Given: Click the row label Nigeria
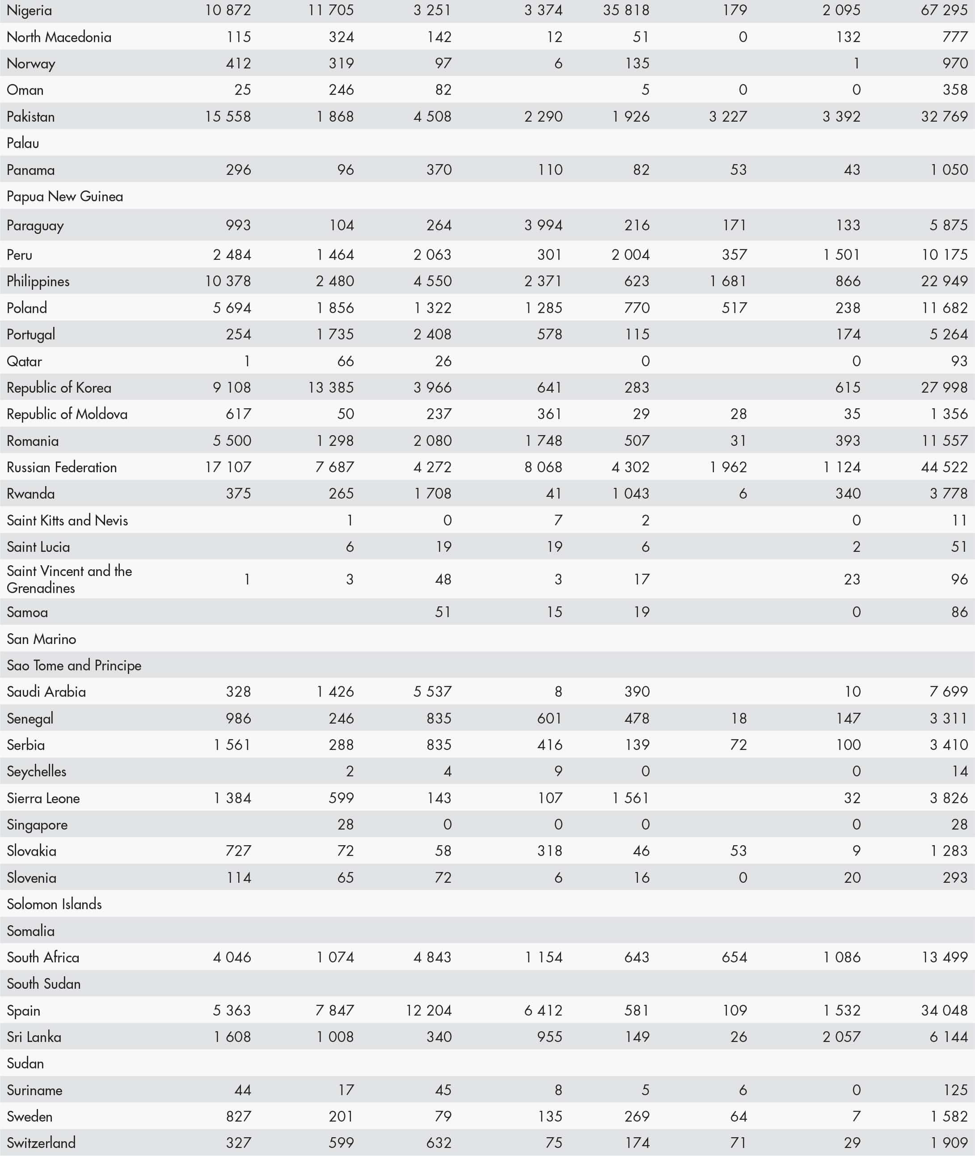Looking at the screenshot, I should [30, 10].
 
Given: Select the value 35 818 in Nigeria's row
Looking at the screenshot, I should [626, 10].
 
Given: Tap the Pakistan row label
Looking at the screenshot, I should [30, 117].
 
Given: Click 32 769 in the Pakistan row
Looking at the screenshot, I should [944, 117].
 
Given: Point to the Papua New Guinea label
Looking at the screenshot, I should [65, 196].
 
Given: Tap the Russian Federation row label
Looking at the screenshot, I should [61, 467].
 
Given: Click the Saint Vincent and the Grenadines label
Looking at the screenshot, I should [69, 580].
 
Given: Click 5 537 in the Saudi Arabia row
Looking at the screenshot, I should [432, 692].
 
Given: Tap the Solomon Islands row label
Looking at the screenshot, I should [54, 904].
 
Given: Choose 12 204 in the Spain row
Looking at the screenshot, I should [428, 1010].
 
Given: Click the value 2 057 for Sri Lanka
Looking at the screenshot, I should [841, 1037].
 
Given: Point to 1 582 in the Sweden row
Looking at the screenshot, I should [949, 1116].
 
